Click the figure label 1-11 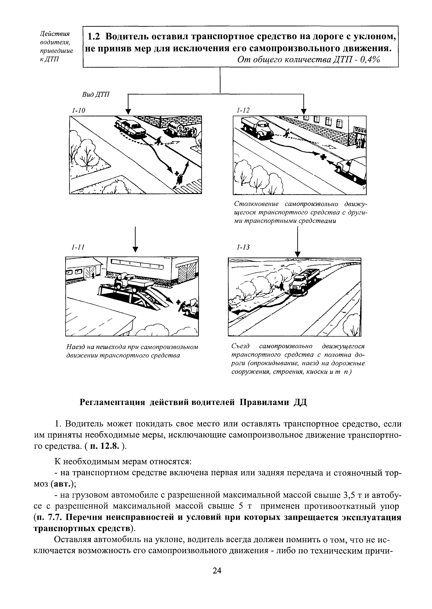coord(78,247)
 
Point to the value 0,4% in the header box coord(370,60)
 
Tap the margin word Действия coord(54,34)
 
